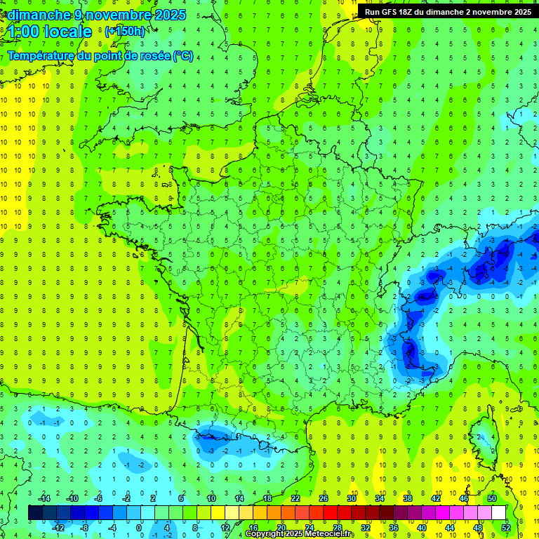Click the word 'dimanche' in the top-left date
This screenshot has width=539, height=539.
coord(36,15)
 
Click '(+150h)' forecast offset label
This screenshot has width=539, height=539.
coord(124,31)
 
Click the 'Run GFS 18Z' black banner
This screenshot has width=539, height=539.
coord(448,12)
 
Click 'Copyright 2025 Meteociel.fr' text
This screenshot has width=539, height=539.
coord(300,534)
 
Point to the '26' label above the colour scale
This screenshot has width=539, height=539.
coord(324,498)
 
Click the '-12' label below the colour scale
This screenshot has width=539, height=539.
coord(58,528)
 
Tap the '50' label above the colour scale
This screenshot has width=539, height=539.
coord(492,498)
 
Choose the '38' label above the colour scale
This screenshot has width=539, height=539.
coord(408,498)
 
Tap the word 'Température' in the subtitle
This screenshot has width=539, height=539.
coord(42,55)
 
